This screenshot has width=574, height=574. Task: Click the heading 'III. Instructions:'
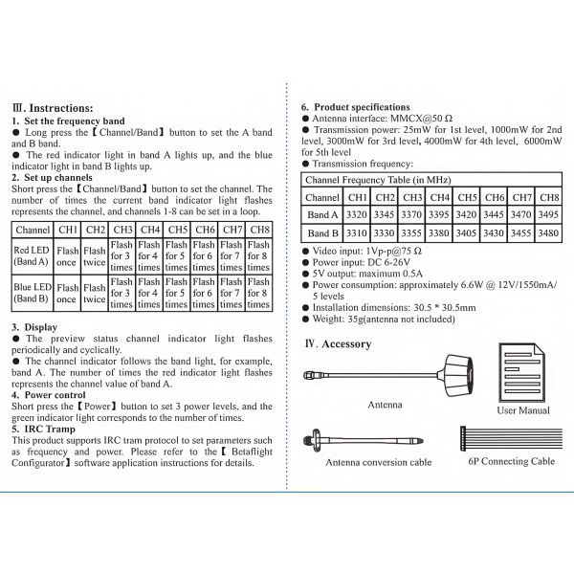(x=53, y=108)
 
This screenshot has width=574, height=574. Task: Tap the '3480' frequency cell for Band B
(x=549, y=232)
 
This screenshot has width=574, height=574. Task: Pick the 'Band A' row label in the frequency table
(x=321, y=214)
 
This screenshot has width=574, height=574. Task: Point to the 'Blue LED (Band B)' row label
(x=33, y=292)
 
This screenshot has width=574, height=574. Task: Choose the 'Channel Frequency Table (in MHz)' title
(x=378, y=179)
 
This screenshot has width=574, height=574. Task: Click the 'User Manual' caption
(x=523, y=409)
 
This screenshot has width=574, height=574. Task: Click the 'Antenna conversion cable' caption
(x=379, y=462)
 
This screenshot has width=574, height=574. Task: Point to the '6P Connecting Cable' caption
(x=512, y=461)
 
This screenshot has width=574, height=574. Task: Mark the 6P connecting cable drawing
(x=512, y=439)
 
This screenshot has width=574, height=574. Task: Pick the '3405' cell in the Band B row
(x=467, y=232)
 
